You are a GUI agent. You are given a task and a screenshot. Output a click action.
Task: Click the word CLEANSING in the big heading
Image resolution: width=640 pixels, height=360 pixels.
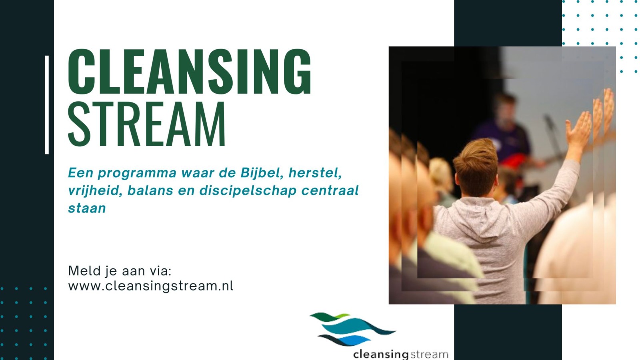coord(190,72)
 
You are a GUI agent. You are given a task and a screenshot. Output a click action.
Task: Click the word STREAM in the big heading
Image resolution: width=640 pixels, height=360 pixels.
coord(147,124)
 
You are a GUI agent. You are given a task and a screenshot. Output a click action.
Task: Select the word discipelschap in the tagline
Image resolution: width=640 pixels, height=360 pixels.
coord(248,190)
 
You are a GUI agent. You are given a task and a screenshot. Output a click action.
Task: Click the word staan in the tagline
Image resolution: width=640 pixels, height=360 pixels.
coord(87,208)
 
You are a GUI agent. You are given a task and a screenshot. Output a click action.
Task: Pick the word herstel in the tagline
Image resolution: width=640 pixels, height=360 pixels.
coord(315,173)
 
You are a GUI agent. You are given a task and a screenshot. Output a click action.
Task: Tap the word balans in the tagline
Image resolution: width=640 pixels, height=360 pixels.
coord(150,190)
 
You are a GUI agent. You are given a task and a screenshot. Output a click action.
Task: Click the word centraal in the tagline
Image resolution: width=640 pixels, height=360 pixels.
coord(330,190)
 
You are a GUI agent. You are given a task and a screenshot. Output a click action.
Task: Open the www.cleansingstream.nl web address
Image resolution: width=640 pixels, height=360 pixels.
coord(150,286)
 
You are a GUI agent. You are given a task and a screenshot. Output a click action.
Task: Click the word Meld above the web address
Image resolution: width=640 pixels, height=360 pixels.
coord(84,270)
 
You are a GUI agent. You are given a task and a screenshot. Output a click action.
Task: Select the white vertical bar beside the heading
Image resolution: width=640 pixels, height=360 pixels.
coord(47,105)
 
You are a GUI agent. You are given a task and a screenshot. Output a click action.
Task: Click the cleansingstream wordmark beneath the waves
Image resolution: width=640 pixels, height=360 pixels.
coord(400,354)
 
